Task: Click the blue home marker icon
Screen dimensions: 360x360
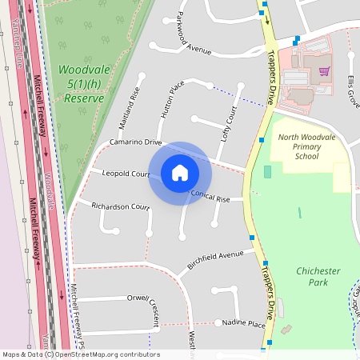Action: point(180,173)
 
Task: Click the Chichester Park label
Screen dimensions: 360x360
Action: point(318,277)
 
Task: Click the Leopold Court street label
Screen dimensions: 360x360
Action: point(126,174)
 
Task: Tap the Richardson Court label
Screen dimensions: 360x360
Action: point(121,206)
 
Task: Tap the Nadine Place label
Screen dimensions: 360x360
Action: point(244,323)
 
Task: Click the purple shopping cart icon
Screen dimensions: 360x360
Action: point(324,70)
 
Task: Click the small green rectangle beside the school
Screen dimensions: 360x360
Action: point(267,171)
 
